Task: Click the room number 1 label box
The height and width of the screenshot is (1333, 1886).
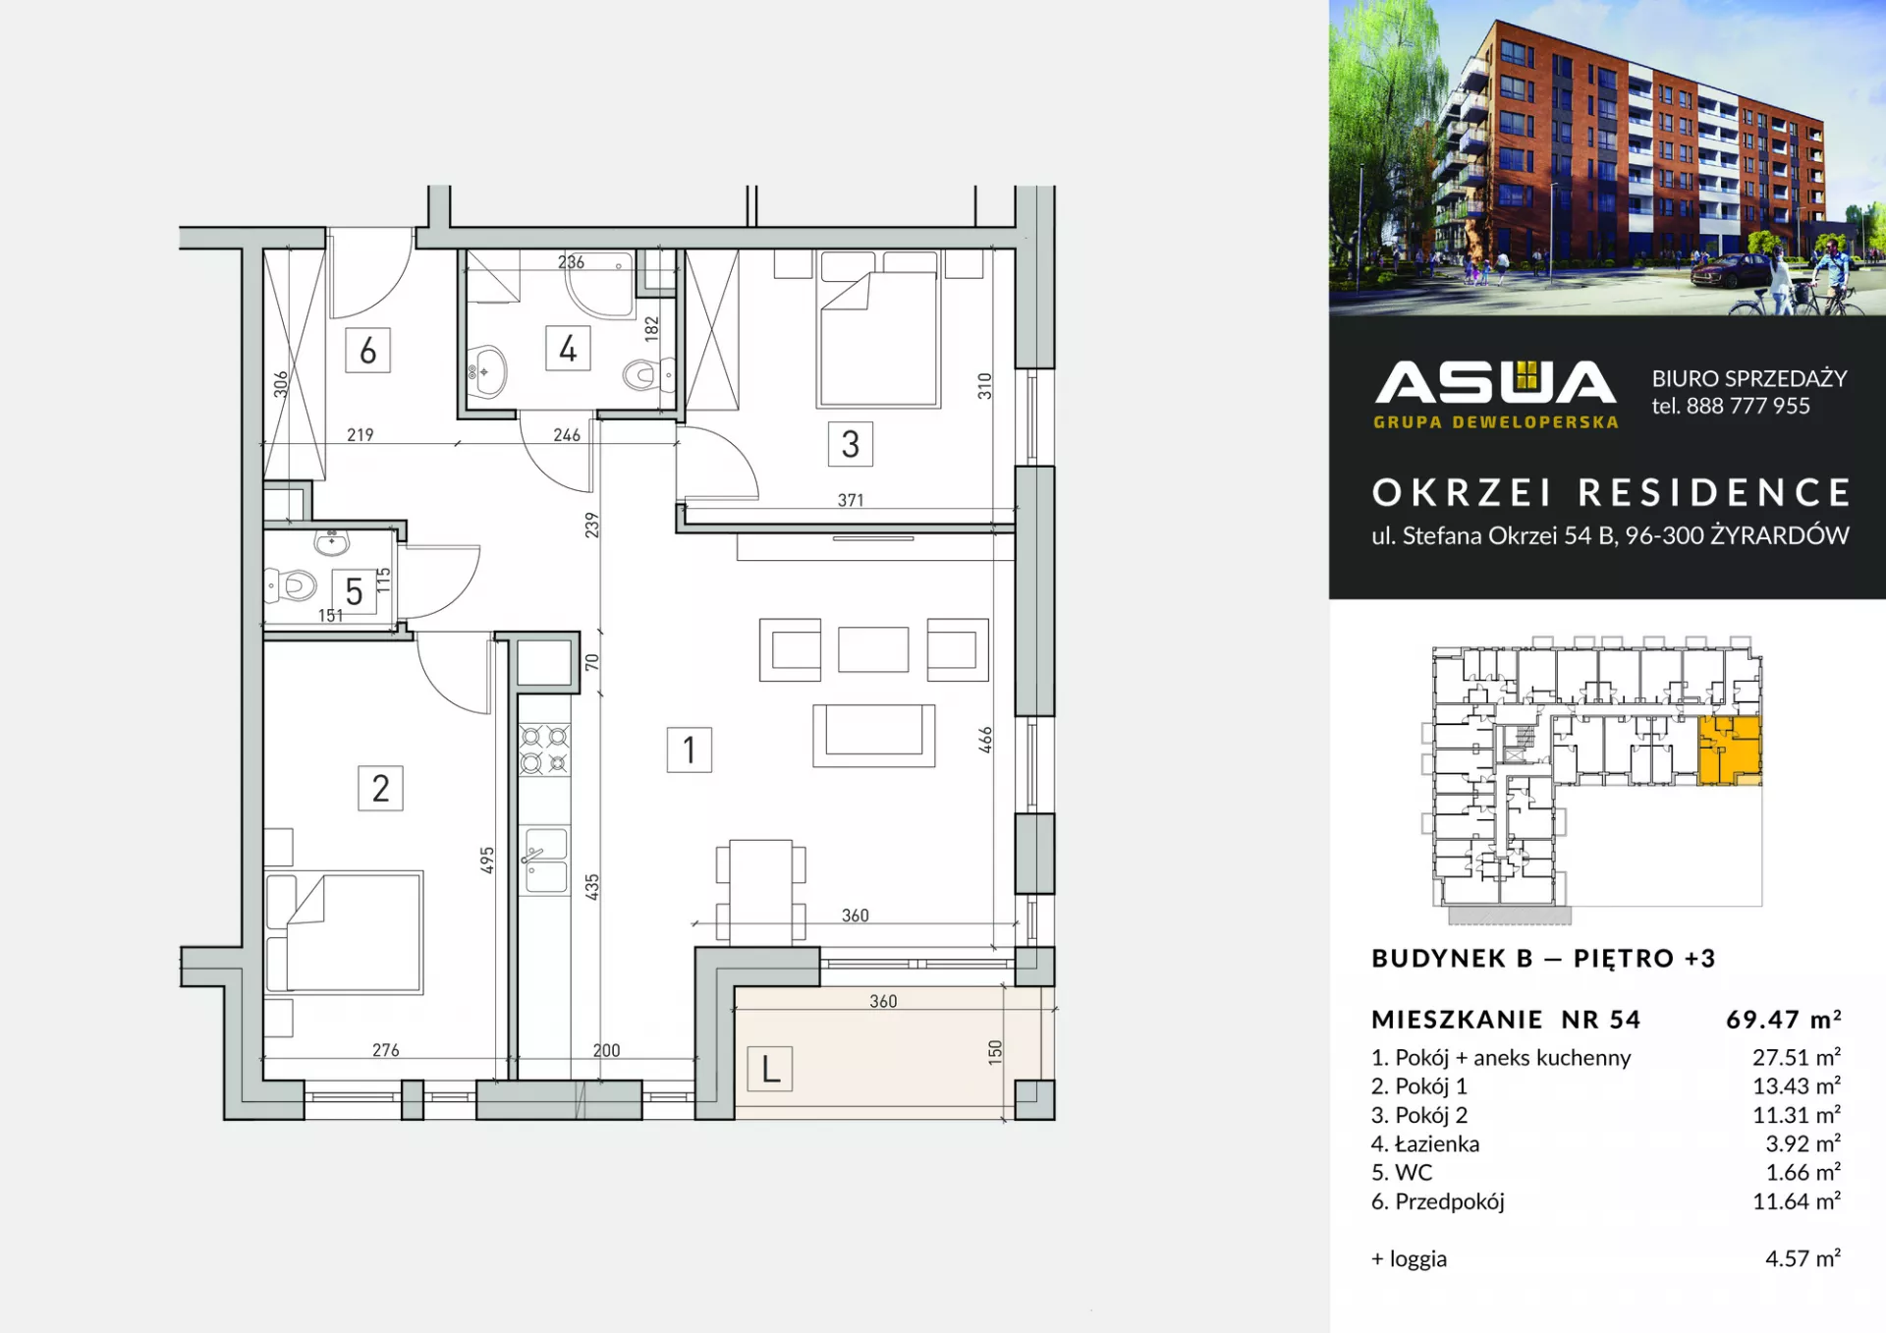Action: click(689, 750)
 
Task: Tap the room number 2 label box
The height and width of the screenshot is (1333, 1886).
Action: click(380, 788)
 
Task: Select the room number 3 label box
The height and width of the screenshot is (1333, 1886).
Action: click(850, 444)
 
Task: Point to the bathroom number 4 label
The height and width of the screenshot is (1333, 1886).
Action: click(568, 349)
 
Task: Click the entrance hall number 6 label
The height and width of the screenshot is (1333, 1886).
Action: click(367, 350)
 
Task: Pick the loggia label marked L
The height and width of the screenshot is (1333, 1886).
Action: click(770, 1069)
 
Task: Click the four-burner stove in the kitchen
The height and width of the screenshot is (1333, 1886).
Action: click(544, 749)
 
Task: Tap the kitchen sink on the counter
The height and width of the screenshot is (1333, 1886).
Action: click(545, 861)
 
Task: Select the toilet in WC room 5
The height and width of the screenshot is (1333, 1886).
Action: click(292, 585)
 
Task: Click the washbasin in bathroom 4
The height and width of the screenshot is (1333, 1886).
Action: click(486, 371)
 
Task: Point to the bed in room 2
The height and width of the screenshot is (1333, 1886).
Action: click(344, 931)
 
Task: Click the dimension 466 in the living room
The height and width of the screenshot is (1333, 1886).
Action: click(985, 740)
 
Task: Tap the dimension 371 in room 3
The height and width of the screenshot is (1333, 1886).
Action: click(851, 500)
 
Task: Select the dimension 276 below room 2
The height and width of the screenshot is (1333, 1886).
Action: click(386, 1050)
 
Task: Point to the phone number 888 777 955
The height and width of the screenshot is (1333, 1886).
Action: click(1747, 406)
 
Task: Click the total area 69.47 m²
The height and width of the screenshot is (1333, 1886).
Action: click(1783, 1020)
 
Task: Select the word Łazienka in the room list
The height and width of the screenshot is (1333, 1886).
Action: click(1437, 1143)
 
